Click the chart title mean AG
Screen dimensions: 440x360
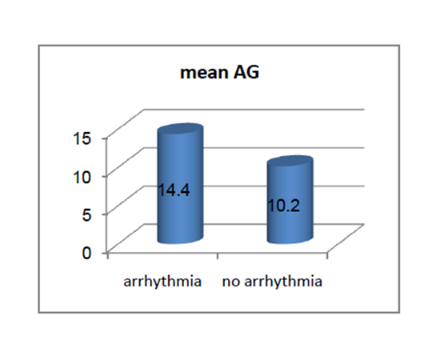[x=219, y=72]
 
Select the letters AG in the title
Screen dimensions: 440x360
[x=246, y=72]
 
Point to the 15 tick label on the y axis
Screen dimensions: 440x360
[x=82, y=138]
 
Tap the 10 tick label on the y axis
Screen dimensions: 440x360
[x=82, y=177]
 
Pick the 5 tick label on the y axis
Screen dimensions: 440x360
[x=86, y=215]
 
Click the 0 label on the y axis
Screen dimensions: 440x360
[x=86, y=253]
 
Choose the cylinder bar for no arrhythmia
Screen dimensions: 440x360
[x=290, y=199]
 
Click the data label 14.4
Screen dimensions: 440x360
[x=174, y=190]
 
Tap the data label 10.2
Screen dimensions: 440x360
[x=284, y=206]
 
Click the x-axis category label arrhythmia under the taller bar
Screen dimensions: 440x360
[x=162, y=282]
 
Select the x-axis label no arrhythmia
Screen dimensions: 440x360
[x=272, y=282]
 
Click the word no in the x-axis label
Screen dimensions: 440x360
[x=231, y=282]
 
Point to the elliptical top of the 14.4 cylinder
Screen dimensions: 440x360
[x=180, y=130]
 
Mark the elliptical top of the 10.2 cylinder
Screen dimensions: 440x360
[x=290, y=162]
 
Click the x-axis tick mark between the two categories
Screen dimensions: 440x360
[x=218, y=256]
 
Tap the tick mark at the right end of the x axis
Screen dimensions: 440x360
[x=327, y=256]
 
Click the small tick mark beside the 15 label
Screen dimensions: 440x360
[x=104, y=138]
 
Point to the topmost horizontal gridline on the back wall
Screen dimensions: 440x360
[x=254, y=110]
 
